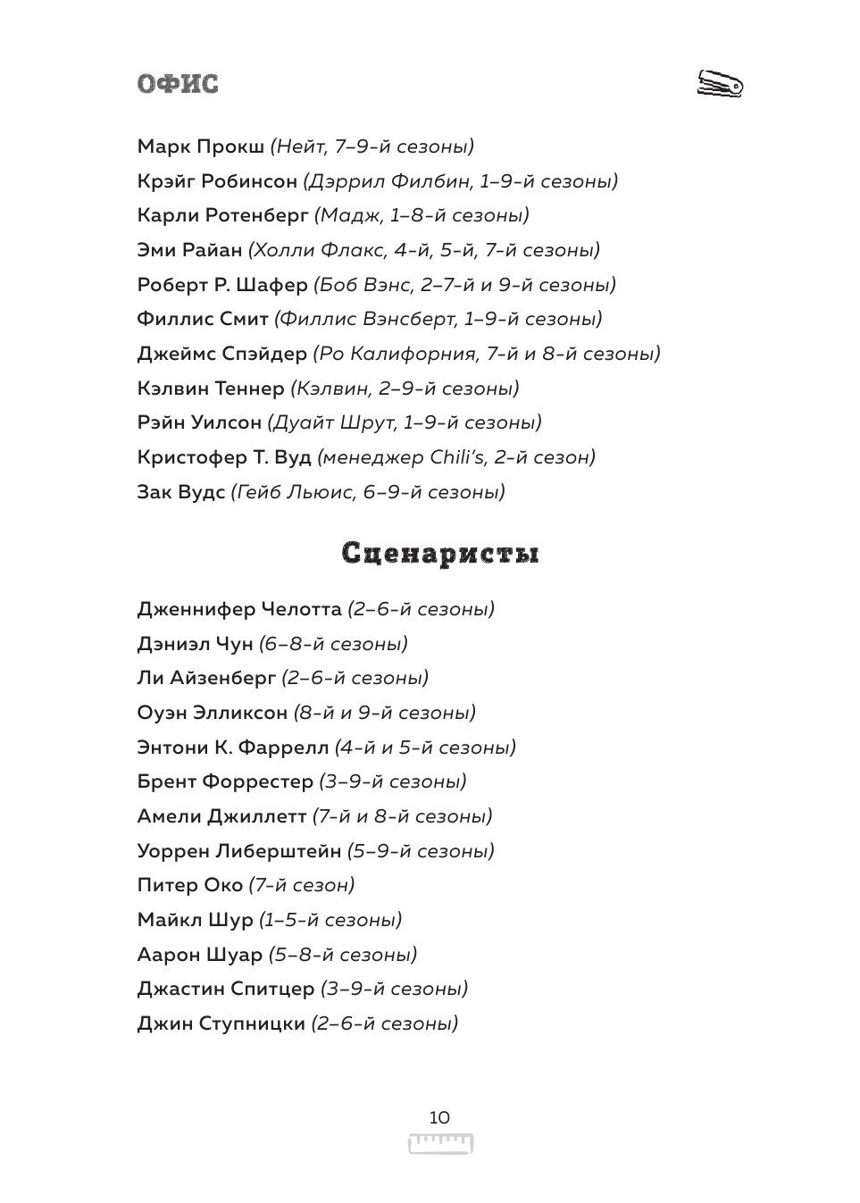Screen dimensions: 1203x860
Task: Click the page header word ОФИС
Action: pyautogui.click(x=178, y=84)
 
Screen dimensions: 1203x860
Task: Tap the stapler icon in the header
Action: pyautogui.click(x=720, y=84)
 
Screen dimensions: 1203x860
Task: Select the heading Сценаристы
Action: pyautogui.click(x=440, y=554)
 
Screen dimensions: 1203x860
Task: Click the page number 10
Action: pyautogui.click(x=439, y=1117)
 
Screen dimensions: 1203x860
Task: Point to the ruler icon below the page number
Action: pyautogui.click(x=440, y=1144)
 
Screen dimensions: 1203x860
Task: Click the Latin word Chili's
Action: pyautogui.click(x=457, y=457)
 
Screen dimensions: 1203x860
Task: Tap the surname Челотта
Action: pyautogui.click(x=301, y=609)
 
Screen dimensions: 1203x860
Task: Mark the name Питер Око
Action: pyautogui.click(x=189, y=885)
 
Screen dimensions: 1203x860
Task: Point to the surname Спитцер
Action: pyautogui.click(x=272, y=989)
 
